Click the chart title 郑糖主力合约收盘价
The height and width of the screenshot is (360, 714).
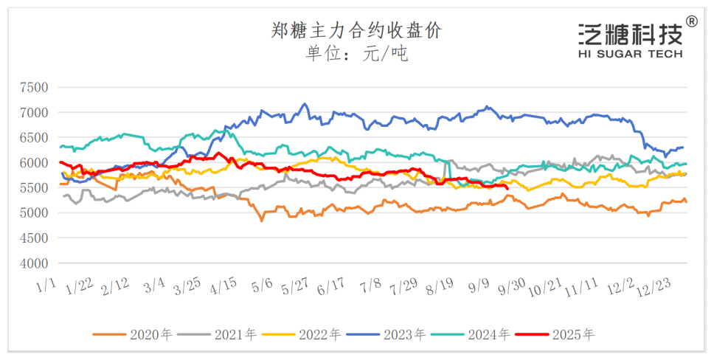(x=356, y=30)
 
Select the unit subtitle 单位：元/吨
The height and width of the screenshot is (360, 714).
(x=356, y=54)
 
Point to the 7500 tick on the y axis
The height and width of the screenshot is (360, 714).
(x=33, y=88)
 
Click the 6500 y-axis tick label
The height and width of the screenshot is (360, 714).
(x=33, y=138)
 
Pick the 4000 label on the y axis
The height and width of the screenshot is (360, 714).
(x=33, y=263)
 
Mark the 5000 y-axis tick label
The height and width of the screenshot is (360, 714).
(x=33, y=213)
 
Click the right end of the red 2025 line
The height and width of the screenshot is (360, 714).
(x=507, y=187)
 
